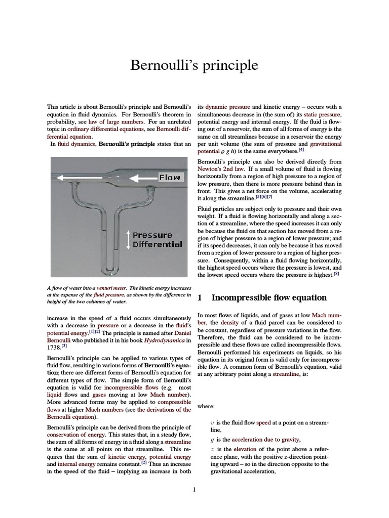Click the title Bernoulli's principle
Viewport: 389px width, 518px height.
(194, 66)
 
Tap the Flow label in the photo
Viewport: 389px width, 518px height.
(169, 178)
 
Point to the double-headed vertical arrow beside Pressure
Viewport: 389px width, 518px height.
(128, 239)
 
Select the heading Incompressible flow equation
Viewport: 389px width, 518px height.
(268, 297)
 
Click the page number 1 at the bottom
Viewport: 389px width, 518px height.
(194, 489)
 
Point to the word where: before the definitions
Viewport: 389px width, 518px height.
(206, 406)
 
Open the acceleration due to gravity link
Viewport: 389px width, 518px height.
(265, 440)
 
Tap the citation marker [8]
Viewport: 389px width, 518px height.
(336, 274)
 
